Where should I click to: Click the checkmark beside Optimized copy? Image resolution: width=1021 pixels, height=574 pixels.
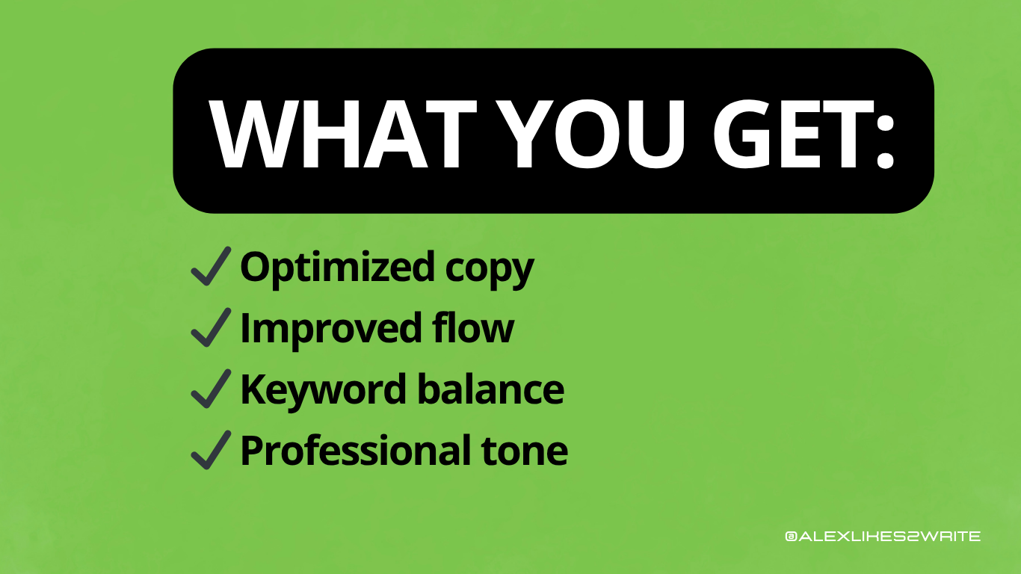210,268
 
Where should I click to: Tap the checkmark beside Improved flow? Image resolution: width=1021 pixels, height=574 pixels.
210,329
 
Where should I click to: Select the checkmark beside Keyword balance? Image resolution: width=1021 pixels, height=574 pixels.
210,390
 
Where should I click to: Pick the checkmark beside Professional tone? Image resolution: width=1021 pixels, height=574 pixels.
210,451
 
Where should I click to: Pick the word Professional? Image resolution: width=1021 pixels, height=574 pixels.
345,451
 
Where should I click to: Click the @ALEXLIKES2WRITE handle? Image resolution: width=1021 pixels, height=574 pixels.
883,536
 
